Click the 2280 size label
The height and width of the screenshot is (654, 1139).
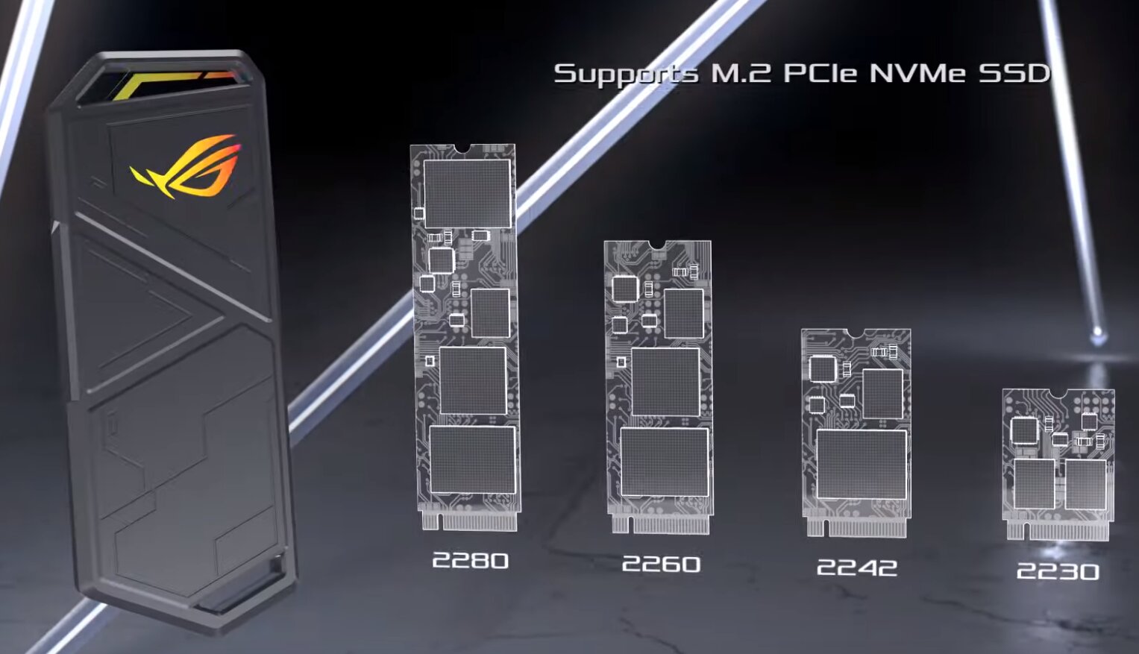point(470,561)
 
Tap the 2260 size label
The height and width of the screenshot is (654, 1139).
point(661,564)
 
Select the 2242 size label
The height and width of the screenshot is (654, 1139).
point(857,567)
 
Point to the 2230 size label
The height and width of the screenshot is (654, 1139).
point(1058,572)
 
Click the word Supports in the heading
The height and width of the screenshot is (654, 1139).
point(625,74)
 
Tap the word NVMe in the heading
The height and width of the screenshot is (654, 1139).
point(917,73)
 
